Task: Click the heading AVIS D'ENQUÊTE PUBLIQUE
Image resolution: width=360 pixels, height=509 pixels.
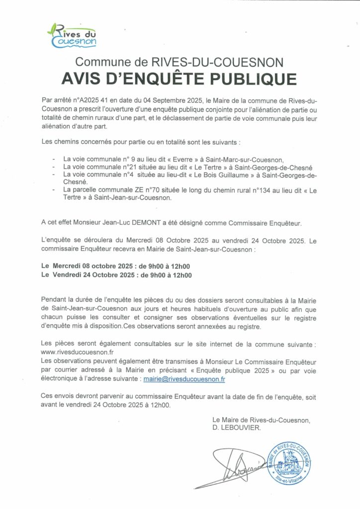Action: pyautogui.click(x=180, y=79)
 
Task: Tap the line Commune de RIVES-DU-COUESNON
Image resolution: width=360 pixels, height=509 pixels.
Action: pyautogui.click(x=180, y=62)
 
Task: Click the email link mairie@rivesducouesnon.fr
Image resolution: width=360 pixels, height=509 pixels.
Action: pyautogui.click(x=184, y=378)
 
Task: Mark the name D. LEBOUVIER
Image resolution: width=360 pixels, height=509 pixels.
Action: pyautogui.click(x=236, y=427)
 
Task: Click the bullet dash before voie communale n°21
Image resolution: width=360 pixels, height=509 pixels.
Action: pyautogui.click(x=54, y=168)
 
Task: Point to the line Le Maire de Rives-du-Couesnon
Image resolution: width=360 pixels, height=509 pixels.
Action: pyautogui.click(x=261, y=420)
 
